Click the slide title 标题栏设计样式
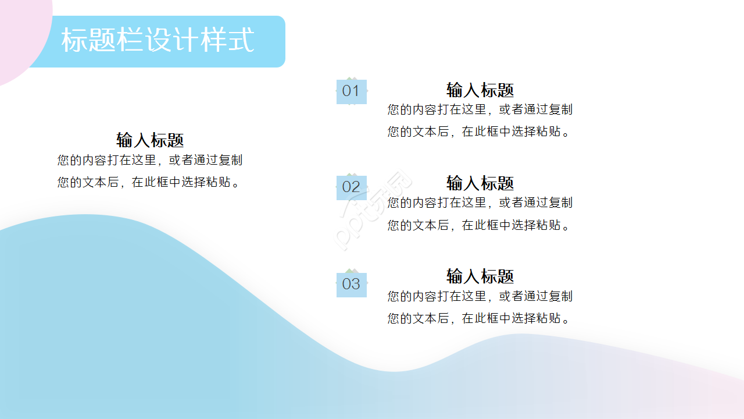158,41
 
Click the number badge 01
351,91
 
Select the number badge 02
351,187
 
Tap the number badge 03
351,285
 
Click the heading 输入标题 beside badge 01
480,90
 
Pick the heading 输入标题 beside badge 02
480,183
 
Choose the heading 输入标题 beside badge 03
480,276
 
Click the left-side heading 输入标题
150,140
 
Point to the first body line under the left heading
150,160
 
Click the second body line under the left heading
149,182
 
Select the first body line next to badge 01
480,109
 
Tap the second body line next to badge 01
479,132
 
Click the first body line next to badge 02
480,203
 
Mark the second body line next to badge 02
479,225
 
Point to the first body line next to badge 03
480,296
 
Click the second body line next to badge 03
479,318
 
